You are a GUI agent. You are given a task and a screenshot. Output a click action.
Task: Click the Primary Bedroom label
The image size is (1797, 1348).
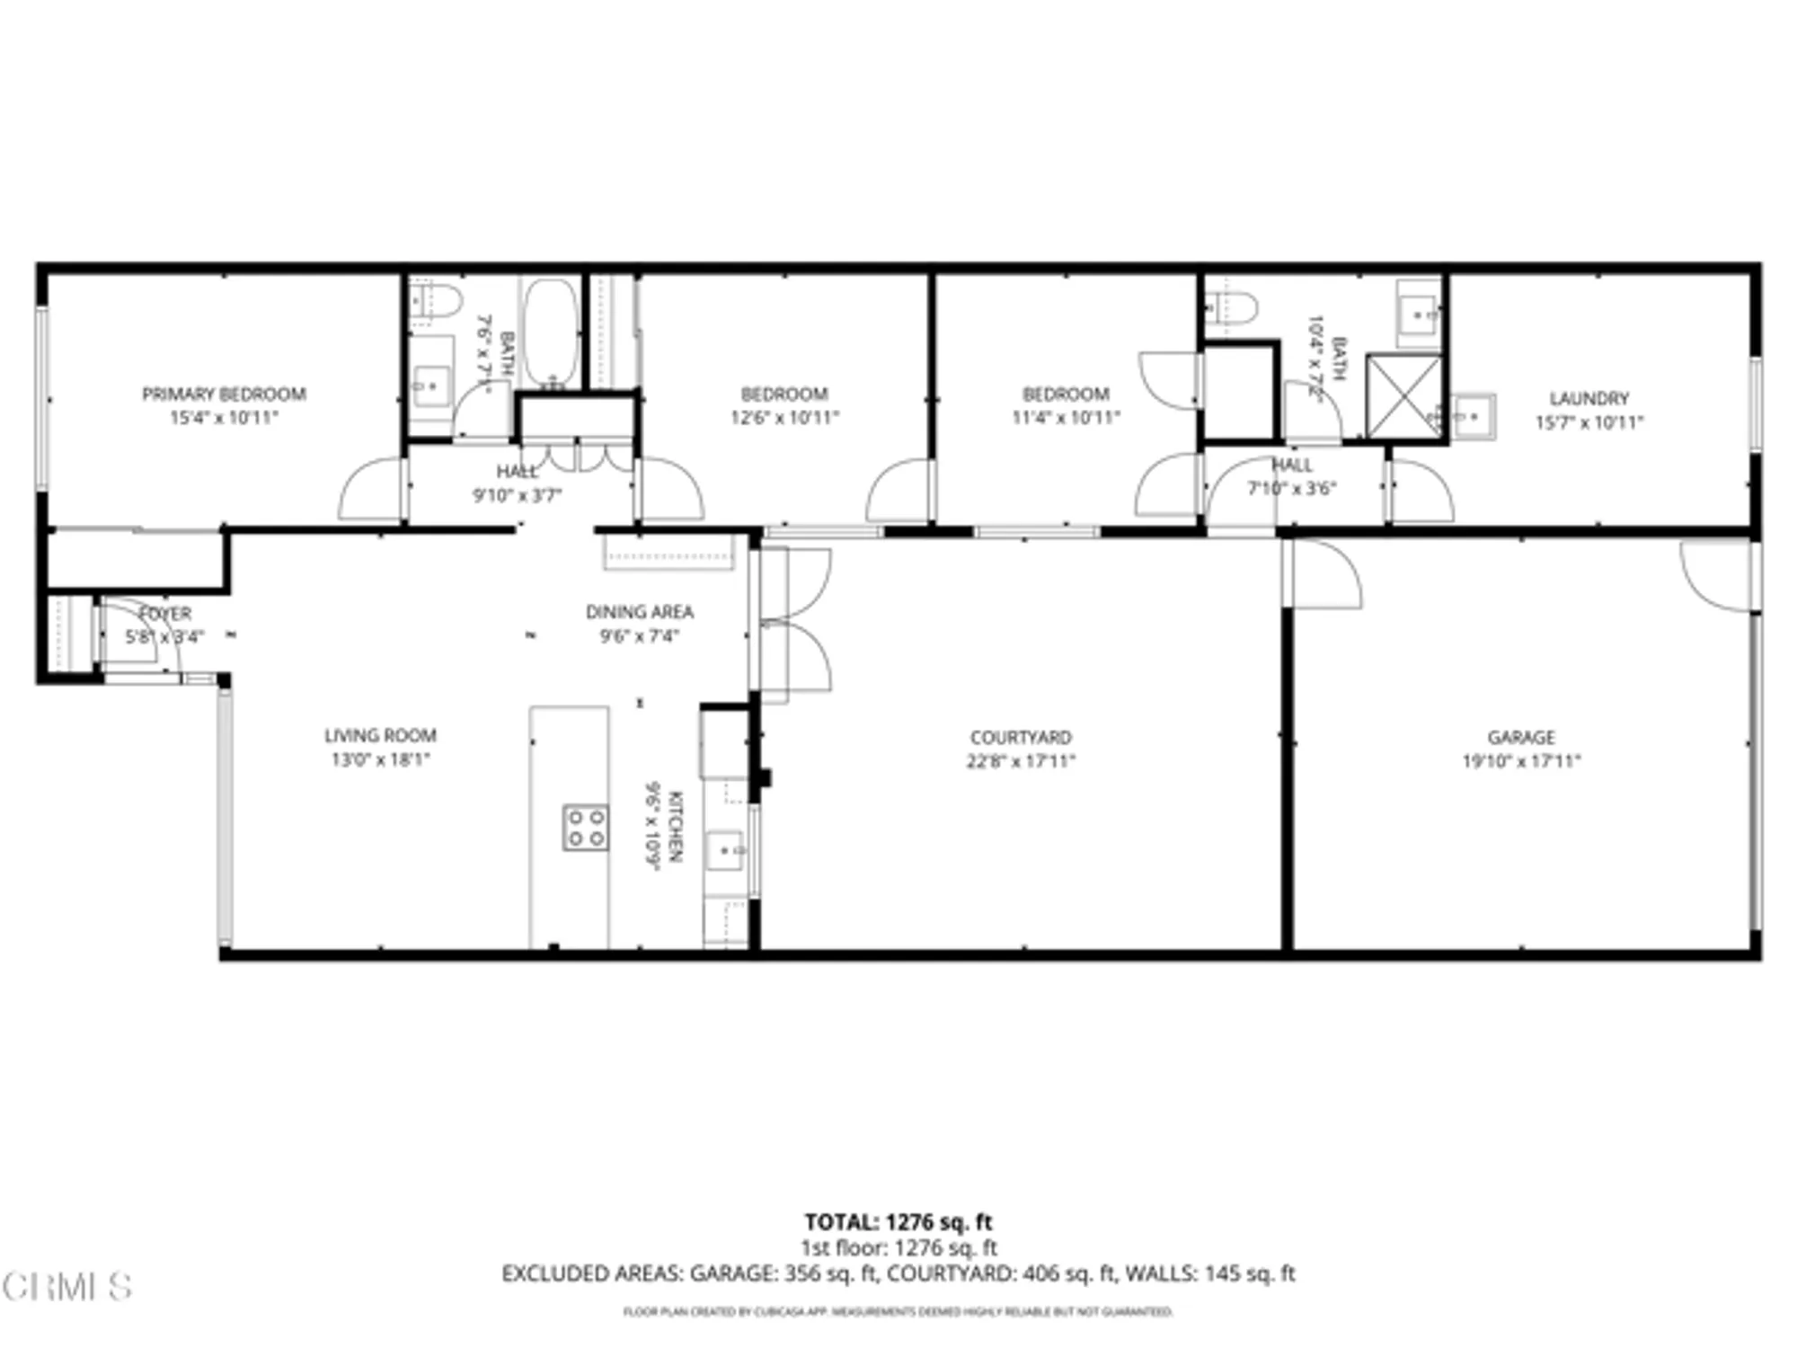pos(224,394)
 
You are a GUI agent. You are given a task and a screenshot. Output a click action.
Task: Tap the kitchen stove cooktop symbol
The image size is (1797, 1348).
pos(585,828)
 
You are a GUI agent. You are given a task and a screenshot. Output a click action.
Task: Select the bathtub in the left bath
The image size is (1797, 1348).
pos(550,332)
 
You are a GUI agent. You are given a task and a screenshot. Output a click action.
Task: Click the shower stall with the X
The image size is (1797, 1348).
pos(1403,396)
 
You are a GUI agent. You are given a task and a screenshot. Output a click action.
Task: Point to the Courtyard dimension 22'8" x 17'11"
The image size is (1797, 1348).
pos(1021,761)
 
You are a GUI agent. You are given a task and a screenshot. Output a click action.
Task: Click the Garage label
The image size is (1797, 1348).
pos(1520,737)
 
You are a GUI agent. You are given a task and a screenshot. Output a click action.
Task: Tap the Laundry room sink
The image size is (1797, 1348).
pos(1474,416)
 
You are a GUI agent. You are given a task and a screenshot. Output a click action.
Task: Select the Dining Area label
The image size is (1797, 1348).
pos(639,612)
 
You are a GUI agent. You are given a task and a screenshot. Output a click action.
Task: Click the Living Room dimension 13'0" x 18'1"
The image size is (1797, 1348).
pos(380,759)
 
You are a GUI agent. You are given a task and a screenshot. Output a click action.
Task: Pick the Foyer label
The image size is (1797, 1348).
pos(165,614)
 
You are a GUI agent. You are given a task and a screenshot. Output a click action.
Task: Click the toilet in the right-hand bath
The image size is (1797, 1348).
pos(1231,307)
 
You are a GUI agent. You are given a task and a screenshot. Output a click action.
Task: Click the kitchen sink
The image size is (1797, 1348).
pos(724,849)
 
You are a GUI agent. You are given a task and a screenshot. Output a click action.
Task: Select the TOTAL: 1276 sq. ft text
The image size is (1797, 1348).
pos(898,1222)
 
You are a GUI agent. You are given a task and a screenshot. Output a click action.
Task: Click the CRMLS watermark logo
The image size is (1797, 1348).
pos(67,1287)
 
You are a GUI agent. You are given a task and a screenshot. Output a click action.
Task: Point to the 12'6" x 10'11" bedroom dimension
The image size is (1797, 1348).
pos(784,417)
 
